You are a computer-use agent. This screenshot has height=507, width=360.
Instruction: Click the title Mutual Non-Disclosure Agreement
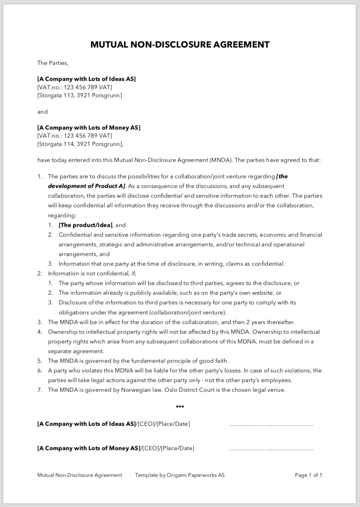tap(180, 44)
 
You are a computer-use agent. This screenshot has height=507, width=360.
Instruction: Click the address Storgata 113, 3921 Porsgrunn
tap(80, 95)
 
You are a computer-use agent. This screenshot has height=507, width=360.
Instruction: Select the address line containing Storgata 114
tap(80, 144)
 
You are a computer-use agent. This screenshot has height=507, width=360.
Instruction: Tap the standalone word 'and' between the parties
tap(42, 112)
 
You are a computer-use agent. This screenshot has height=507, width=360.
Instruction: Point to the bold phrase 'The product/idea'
tap(86, 225)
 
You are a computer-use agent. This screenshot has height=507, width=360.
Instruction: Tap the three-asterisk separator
tap(180, 407)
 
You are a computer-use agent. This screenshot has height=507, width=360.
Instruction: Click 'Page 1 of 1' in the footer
tap(308, 475)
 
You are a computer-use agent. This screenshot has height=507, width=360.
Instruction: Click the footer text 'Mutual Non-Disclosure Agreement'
tap(80, 475)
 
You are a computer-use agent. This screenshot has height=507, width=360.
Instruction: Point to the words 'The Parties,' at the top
tap(53, 63)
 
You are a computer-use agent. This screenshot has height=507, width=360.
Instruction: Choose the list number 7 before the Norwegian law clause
tap(40, 390)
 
